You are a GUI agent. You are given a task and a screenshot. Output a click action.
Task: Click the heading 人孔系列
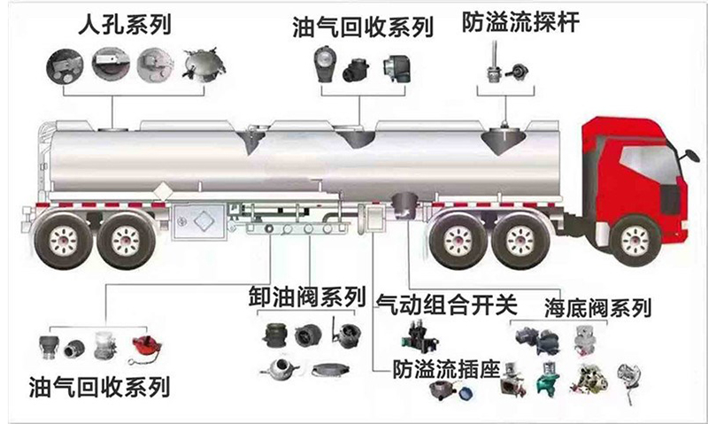(x=125, y=25)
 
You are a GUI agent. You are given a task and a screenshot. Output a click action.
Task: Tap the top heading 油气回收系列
(x=363, y=27)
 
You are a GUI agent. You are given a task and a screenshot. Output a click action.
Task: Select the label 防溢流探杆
(x=520, y=21)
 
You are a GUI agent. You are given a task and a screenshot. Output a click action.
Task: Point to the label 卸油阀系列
(x=307, y=297)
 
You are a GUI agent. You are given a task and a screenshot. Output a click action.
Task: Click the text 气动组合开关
(x=447, y=305)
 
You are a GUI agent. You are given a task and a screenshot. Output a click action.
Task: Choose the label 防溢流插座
(x=446, y=369)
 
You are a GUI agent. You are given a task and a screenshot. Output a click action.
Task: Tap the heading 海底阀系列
(x=598, y=308)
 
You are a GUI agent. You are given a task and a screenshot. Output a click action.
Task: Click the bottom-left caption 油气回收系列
(x=99, y=387)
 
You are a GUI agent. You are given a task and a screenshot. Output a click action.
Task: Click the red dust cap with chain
(x=146, y=349)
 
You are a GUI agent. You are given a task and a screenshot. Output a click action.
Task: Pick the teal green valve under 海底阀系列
(x=548, y=381)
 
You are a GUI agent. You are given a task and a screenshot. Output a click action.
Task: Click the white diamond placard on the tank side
(x=161, y=191)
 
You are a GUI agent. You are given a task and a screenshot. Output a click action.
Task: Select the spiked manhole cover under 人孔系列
(x=204, y=66)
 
